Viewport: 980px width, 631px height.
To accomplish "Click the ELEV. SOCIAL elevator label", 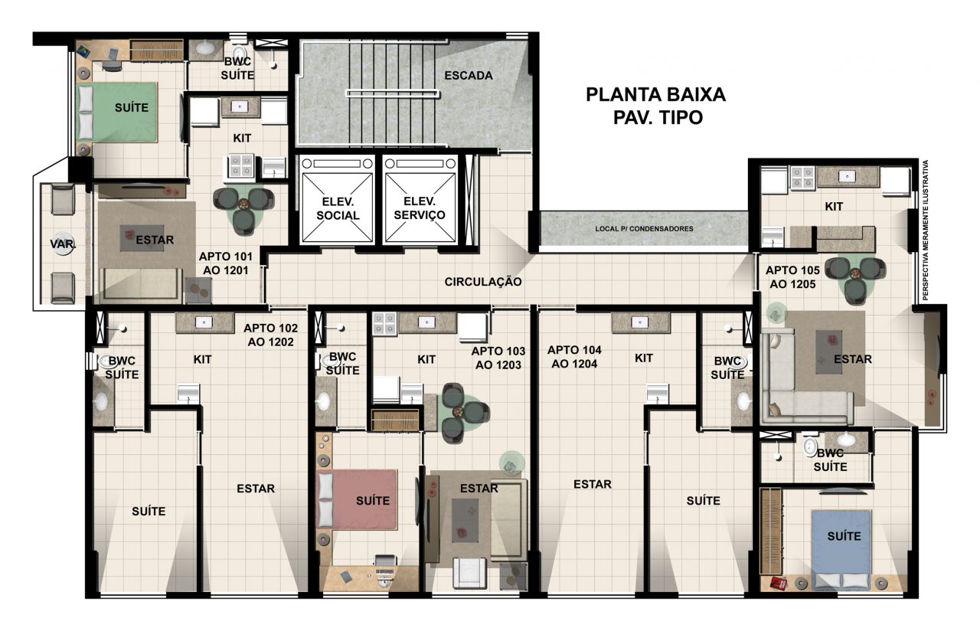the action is point(338,208).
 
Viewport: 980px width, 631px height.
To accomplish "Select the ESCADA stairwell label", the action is point(469,76).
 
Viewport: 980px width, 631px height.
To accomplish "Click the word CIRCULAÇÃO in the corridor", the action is point(483,282).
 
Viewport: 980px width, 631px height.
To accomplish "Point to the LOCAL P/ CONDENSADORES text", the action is point(644,229).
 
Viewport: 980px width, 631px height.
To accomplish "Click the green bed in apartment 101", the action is point(117,112).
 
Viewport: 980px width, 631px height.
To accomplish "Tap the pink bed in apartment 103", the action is point(357,499).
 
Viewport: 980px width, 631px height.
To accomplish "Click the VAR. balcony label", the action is point(63,244).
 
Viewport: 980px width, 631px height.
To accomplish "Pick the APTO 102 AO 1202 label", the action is point(271,335).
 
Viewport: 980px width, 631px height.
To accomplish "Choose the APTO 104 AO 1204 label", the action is point(574,357).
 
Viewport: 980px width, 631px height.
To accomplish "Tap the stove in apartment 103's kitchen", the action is point(384,324).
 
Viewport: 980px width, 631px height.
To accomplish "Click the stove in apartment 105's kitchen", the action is point(802,178).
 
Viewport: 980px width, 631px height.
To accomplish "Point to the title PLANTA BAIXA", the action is point(655,94).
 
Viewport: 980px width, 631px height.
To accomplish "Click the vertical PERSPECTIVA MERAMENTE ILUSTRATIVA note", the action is point(926,230).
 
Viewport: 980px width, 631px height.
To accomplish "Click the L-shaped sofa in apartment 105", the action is point(806,378).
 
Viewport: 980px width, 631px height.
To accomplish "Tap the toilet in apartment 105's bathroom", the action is point(810,446).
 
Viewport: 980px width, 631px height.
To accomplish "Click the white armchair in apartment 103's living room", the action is point(469,572).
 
